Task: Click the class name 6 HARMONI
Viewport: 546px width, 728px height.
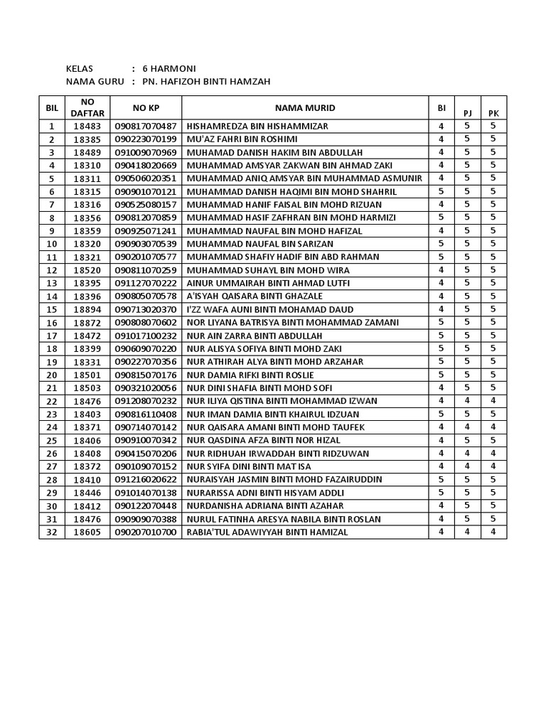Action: pos(169,68)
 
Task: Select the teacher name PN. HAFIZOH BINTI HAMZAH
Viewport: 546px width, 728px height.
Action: pos(206,82)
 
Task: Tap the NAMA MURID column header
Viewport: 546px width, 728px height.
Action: pos(306,108)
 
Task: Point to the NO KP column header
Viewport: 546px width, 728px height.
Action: pos(146,108)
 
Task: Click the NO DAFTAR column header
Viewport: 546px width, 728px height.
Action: pos(87,107)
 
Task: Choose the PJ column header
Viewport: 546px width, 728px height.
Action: pos(467,112)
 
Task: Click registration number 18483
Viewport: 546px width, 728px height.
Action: pos(87,126)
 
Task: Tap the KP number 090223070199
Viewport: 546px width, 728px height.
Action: pos(145,139)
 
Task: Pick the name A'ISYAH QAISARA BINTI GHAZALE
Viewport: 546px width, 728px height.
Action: pos(255,296)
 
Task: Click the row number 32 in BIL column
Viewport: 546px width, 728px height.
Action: pos(52,532)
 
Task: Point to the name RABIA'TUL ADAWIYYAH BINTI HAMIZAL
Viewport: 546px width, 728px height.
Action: pos(267,532)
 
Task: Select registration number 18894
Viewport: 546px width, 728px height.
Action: pos(87,309)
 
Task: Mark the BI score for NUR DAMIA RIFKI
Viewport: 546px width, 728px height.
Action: pos(441,375)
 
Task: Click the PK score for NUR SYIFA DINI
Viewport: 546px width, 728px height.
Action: pos(493,466)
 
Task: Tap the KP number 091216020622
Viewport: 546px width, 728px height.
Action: pos(145,479)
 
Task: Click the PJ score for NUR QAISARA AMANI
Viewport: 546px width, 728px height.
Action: pos(467,427)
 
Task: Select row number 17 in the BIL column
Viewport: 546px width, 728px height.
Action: pos(52,336)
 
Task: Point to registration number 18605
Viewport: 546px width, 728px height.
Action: pos(87,532)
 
